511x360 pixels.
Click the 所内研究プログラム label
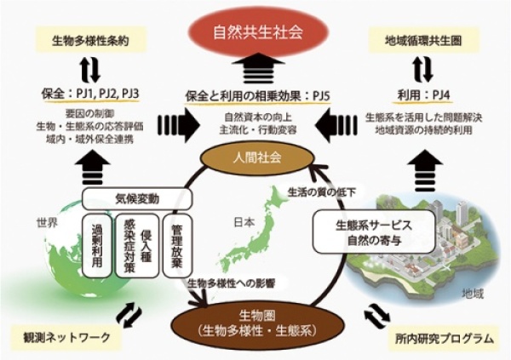coord(442,339)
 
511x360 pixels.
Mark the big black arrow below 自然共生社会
coord(255,69)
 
